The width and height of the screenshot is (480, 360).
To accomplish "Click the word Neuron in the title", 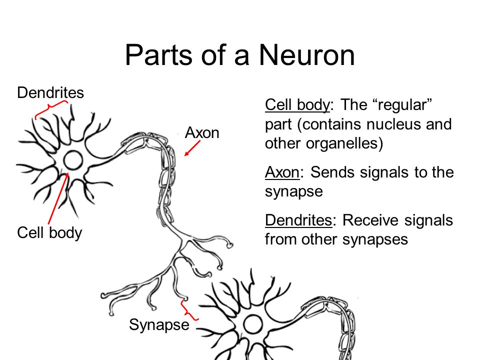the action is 307,55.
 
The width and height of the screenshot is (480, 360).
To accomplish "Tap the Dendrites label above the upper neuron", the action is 50,92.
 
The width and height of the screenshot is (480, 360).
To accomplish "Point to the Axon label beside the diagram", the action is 202,133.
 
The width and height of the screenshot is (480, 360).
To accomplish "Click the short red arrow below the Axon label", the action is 192,148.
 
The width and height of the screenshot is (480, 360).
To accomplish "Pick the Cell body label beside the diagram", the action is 49,233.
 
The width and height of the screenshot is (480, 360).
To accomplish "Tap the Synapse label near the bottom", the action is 159,325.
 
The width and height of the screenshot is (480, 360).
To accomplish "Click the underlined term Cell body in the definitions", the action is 297,105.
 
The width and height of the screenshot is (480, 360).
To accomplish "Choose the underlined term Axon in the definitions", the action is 282,172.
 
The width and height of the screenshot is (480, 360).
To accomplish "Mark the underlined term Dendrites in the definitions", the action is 298,220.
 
